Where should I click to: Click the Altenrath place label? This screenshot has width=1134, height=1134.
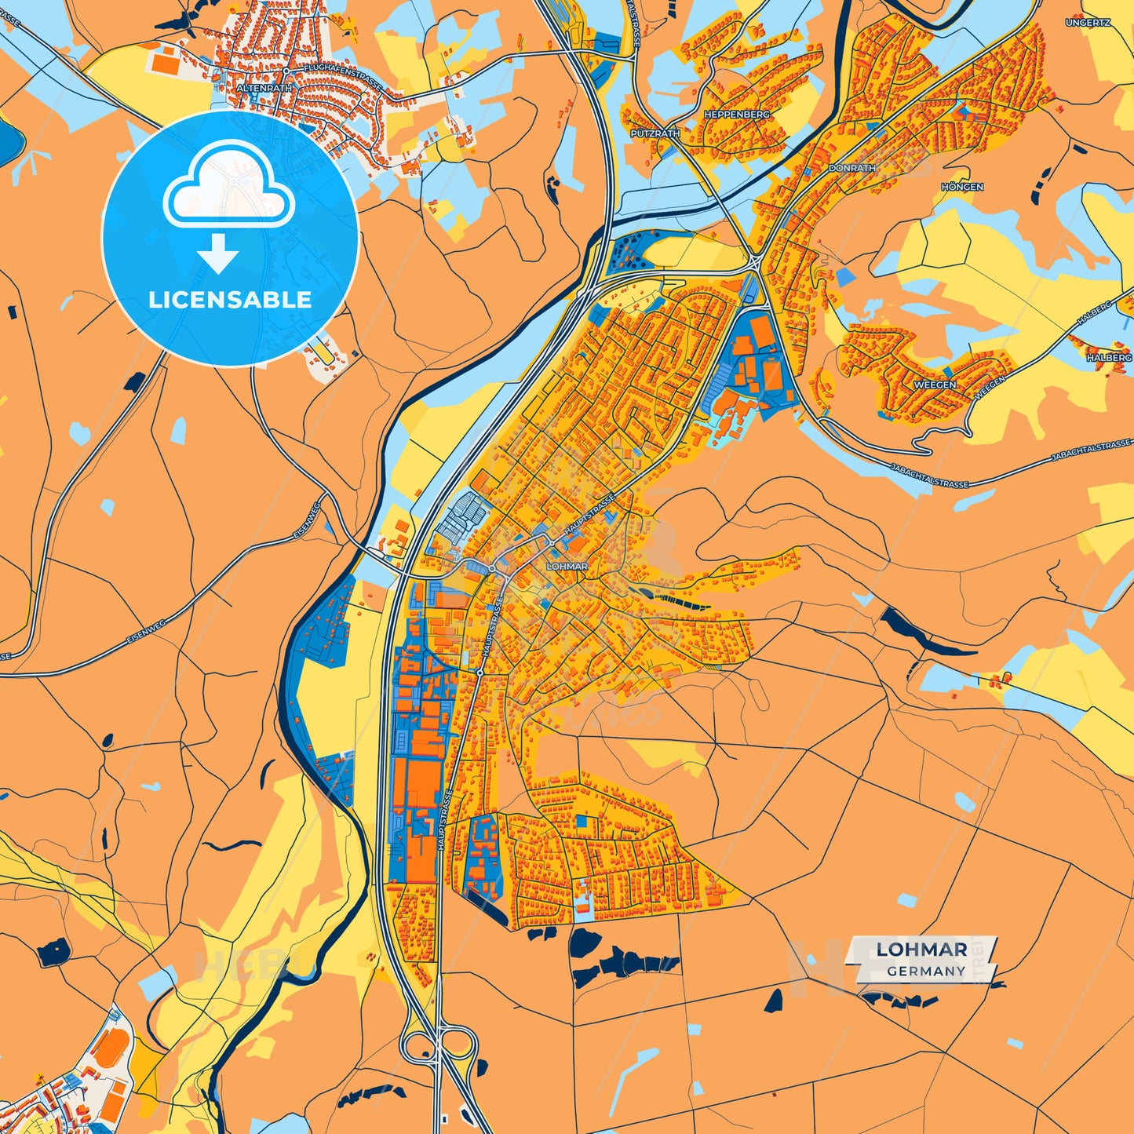(264, 89)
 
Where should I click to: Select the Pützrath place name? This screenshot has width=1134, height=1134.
(655, 133)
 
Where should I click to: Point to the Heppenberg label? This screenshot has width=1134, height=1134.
(737, 114)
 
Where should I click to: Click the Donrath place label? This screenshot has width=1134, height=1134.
(851, 168)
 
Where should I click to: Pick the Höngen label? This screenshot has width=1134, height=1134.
(962, 187)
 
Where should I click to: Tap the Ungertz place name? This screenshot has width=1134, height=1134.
(1088, 23)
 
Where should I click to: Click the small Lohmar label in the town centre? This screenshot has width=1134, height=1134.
(567, 566)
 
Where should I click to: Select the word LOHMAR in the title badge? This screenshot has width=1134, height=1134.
(921, 950)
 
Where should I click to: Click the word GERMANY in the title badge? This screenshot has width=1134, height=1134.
(926, 971)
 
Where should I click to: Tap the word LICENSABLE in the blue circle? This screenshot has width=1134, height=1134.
(230, 300)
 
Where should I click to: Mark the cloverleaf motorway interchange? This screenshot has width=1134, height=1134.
(437, 1044)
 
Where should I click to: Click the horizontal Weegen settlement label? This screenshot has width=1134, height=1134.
(935, 385)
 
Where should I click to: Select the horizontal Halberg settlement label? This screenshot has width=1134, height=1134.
(1109, 357)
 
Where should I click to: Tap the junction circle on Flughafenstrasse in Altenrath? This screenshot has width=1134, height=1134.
(287, 71)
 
